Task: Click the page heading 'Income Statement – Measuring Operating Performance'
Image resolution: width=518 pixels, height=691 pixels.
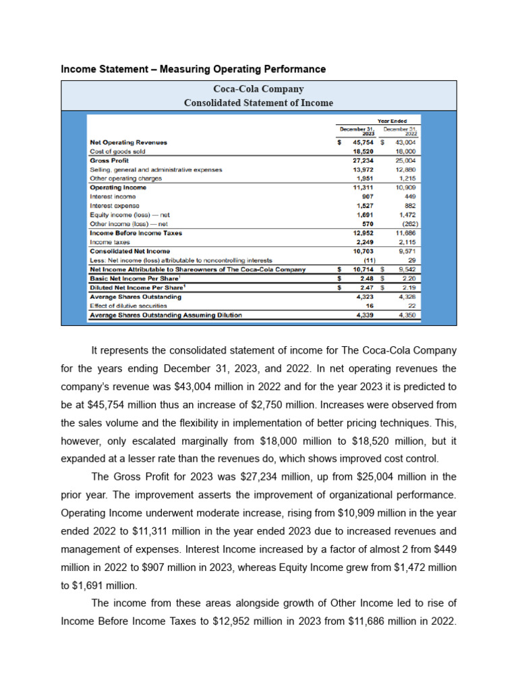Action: click(x=193, y=70)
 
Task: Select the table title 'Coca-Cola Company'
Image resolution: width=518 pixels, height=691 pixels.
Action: click(x=258, y=89)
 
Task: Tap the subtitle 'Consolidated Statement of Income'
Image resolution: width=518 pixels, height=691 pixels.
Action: click(x=258, y=103)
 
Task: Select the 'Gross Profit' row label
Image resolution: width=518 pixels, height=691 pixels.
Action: click(x=109, y=161)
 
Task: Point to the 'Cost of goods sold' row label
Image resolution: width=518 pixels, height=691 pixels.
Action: click(x=117, y=152)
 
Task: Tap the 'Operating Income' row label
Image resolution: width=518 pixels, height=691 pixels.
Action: click(x=118, y=188)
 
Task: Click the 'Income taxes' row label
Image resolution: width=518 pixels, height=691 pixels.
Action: click(x=110, y=242)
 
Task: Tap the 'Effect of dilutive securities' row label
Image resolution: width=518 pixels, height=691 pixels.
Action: click(x=128, y=306)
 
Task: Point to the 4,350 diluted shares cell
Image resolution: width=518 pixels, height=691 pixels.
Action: click(x=407, y=314)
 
